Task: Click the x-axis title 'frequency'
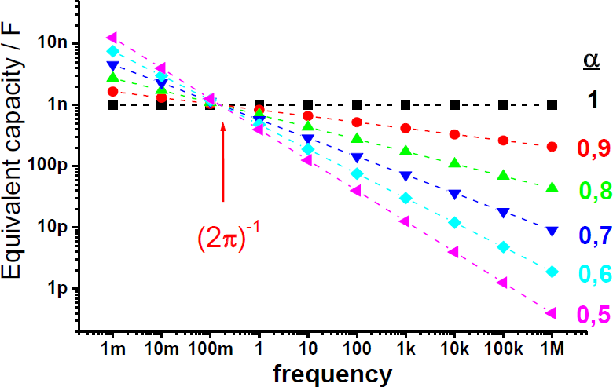(332, 373)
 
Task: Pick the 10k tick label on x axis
(454, 346)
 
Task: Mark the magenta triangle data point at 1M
(552, 313)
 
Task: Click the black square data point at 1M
(552, 104)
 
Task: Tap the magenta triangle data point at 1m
(112, 37)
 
